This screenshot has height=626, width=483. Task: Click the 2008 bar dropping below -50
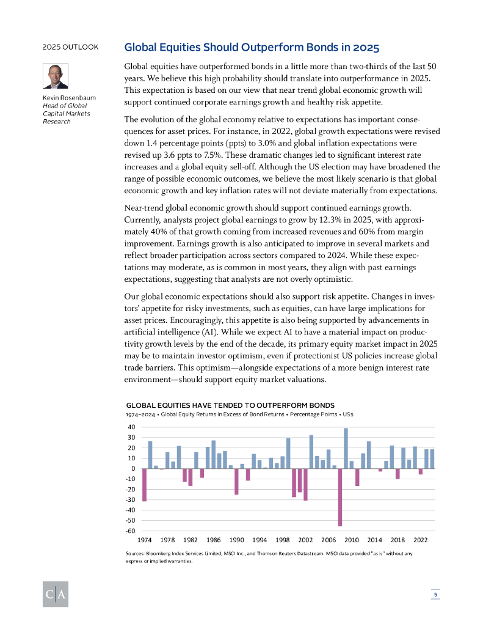pos(340,497)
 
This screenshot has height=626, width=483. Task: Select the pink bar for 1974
pos(145,485)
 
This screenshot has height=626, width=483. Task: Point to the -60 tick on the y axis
pos(131,531)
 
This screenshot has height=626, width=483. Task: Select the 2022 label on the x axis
pos(421,540)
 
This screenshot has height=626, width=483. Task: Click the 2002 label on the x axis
pos(306,540)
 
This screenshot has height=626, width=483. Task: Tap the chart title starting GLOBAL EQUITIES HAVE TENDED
pos(231,405)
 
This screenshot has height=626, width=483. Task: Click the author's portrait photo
pos(55,76)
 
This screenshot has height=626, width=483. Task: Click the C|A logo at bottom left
pos(55,594)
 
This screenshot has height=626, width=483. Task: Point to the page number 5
pos(435,594)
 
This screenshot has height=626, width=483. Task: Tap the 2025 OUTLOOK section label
pos(70,47)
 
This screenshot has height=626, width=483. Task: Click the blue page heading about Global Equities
pos(252,47)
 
